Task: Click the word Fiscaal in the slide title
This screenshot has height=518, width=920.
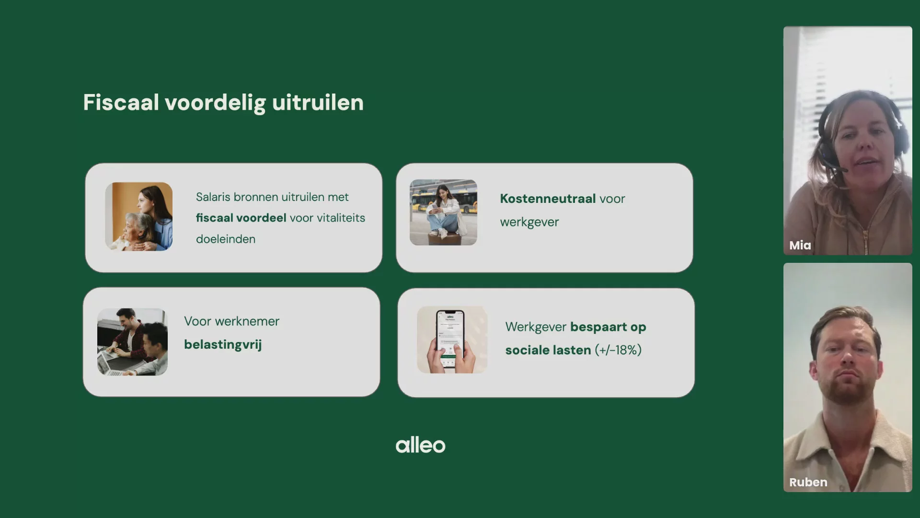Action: point(121,102)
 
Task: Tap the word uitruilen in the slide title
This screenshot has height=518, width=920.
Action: point(318,102)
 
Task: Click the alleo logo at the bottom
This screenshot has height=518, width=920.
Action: point(420,445)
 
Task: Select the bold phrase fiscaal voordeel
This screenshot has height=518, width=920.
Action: point(241,218)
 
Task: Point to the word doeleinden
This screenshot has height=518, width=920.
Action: point(226,239)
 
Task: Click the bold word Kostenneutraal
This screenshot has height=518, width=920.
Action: point(548,199)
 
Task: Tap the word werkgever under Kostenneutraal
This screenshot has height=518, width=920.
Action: point(529,222)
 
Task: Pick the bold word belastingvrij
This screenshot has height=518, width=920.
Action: point(223,344)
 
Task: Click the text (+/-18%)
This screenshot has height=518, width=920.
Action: point(618,350)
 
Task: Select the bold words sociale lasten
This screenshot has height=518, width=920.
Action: point(548,350)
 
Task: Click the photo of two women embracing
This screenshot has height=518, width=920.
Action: point(139,216)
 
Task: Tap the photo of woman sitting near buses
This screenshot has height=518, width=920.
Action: point(443,212)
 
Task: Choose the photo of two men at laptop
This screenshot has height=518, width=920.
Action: point(132,342)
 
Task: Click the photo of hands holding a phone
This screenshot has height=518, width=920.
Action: point(452,340)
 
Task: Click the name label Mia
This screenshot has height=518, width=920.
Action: point(800,245)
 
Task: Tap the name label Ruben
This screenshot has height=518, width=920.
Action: point(808,482)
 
